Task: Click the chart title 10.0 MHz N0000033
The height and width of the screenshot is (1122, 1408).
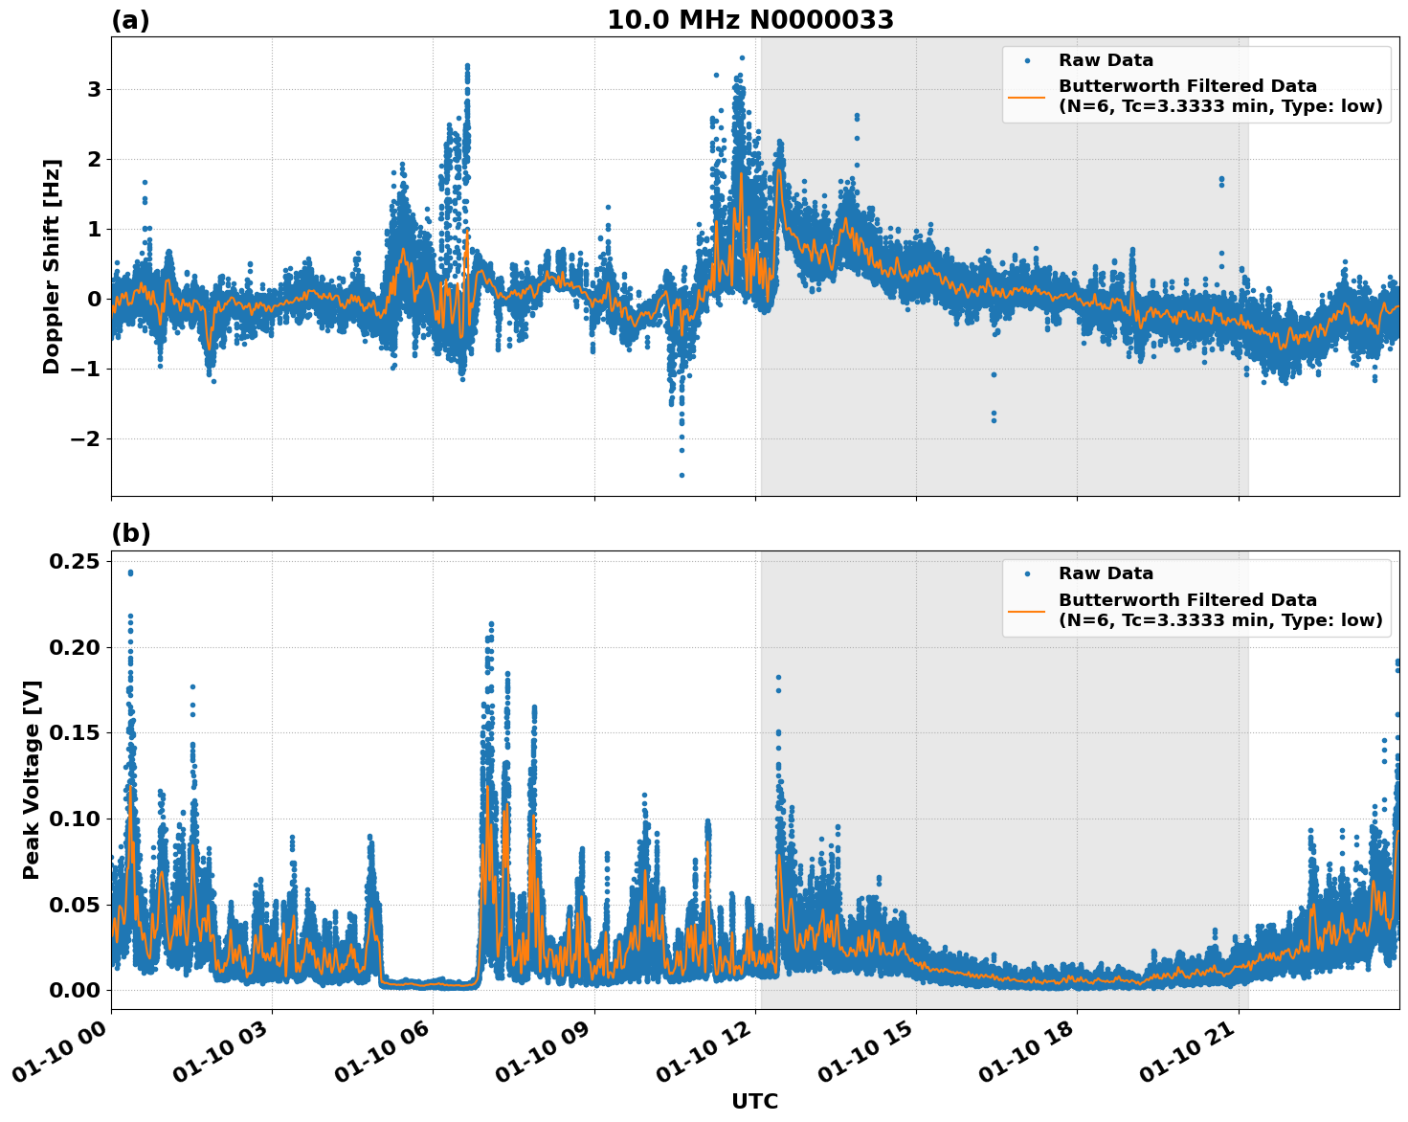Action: [x=750, y=20]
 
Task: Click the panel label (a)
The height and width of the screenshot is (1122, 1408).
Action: [x=130, y=20]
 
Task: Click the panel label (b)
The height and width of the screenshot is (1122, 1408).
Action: [x=130, y=533]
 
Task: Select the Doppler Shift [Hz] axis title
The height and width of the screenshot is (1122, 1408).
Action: [x=52, y=266]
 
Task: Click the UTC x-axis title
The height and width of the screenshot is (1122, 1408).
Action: [x=754, y=1101]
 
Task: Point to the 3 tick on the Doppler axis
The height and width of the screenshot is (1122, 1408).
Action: [x=94, y=89]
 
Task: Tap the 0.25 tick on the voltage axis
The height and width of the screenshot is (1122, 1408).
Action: [x=76, y=561]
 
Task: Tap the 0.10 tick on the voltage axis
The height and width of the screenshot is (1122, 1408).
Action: [x=76, y=819]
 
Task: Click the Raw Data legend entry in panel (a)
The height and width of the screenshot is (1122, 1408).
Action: [x=1106, y=60]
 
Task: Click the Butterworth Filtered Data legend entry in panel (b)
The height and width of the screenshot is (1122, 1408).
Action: [x=1219, y=610]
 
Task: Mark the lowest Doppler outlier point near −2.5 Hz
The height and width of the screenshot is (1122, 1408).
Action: [x=682, y=475]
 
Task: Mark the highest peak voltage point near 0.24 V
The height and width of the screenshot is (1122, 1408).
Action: [x=130, y=572]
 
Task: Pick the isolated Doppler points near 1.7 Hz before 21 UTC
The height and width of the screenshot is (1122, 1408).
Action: [x=1221, y=180]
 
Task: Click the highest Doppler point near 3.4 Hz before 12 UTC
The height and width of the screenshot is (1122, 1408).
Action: [x=742, y=57]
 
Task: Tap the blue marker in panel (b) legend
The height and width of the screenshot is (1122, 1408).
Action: [x=1027, y=573]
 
